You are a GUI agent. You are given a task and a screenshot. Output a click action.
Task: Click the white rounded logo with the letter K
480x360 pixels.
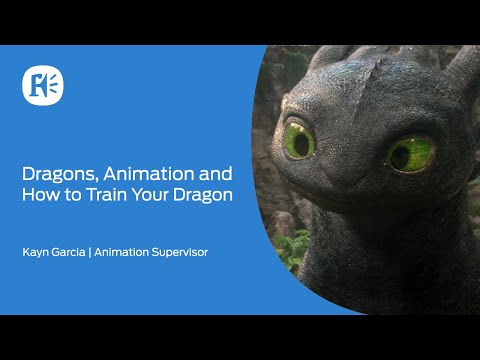(x=43, y=86)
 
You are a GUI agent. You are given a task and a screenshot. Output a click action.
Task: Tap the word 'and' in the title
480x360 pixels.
(x=216, y=174)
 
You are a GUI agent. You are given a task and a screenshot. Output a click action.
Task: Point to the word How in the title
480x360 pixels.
(x=41, y=195)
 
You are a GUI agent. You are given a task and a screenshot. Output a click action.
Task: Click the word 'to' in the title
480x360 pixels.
(x=73, y=195)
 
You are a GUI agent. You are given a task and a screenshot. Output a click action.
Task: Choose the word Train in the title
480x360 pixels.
(x=107, y=195)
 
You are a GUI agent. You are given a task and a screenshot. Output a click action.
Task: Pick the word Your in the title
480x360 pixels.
(x=150, y=195)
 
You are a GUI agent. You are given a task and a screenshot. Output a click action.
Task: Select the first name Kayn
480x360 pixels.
(x=37, y=253)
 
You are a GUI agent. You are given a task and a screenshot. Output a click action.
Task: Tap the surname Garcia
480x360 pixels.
(x=69, y=252)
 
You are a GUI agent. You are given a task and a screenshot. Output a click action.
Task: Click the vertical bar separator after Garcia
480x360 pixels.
(x=90, y=252)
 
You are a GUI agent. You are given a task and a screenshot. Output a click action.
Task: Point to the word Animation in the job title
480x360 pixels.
(x=121, y=252)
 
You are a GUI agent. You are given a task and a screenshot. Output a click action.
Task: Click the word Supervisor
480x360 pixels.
(x=180, y=253)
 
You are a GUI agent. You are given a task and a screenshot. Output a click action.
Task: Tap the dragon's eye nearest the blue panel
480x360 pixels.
(x=299, y=140)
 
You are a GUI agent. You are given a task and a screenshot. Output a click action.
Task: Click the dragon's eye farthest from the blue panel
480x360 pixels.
(x=410, y=154)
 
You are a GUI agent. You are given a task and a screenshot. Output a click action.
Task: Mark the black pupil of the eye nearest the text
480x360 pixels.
(x=302, y=145)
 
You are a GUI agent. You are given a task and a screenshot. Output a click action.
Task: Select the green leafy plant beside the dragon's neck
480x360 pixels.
(x=292, y=248)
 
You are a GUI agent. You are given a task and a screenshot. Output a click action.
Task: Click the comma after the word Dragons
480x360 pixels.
(x=97, y=180)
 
